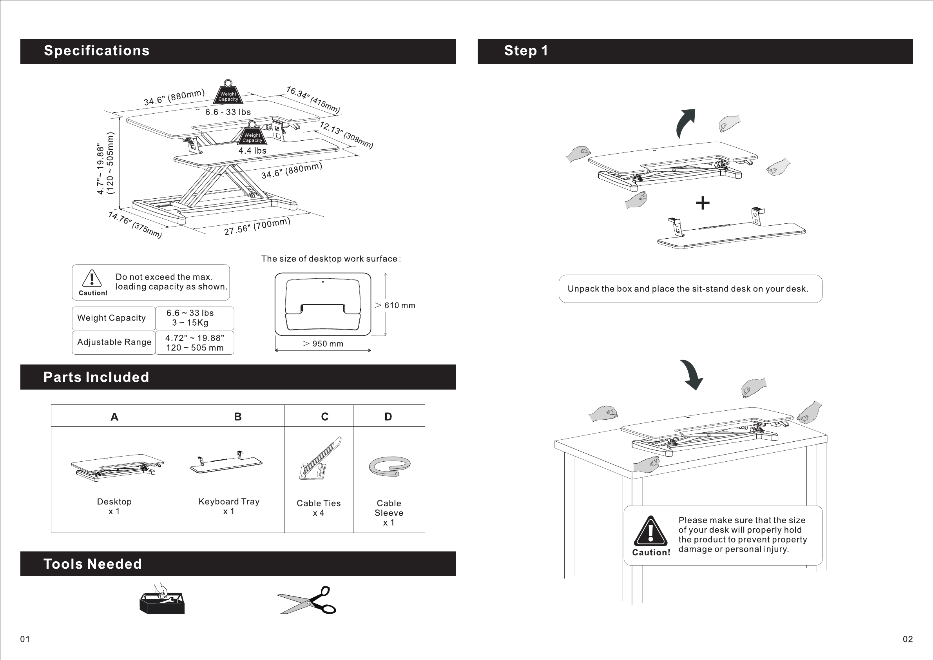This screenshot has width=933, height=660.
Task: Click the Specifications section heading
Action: [97, 51]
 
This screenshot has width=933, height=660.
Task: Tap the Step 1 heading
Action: [526, 51]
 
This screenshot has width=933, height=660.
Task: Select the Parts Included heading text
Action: [96, 377]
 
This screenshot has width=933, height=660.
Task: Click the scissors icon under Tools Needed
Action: [307, 600]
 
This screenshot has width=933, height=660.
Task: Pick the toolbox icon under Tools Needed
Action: [162, 599]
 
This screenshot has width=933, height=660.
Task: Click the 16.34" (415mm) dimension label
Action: [313, 100]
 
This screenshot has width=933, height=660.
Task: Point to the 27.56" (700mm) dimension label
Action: [257, 227]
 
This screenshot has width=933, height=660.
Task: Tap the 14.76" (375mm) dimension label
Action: [135, 225]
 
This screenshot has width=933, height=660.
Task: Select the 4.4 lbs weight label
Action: [252, 151]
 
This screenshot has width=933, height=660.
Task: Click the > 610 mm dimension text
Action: [395, 305]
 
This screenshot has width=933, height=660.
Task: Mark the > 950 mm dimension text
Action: [323, 344]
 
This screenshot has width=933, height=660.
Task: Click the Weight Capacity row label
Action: [111, 318]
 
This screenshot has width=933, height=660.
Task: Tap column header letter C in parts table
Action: [325, 417]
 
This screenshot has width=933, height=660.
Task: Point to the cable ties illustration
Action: [320, 459]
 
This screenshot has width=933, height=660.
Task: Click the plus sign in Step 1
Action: [703, 203]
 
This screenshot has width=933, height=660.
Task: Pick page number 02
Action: [908, 639]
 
